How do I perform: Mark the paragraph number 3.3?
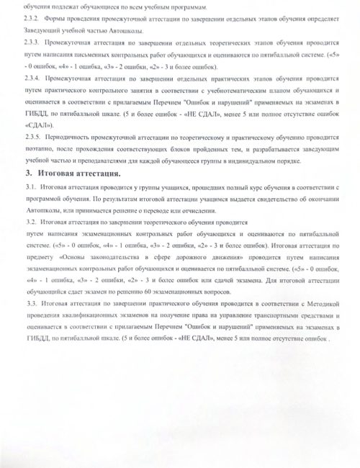coord(50,305)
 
